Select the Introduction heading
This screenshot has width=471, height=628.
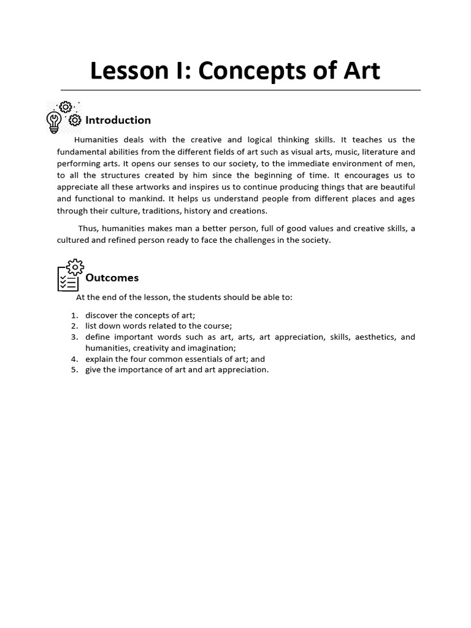[118, 120]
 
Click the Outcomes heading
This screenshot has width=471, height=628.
[112, 277]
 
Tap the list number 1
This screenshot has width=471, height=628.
[74, 315]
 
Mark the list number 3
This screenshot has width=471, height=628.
[74, 337]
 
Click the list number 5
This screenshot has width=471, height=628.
[74, 370]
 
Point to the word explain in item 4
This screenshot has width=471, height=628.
[99, 359]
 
